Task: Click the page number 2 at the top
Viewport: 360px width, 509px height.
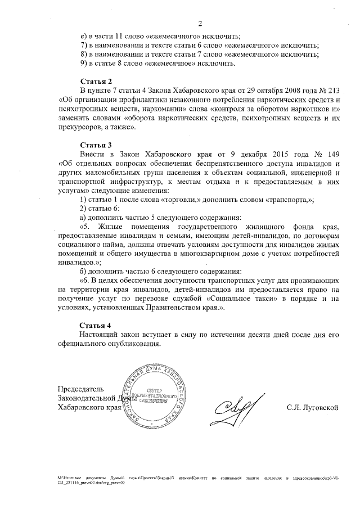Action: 199,23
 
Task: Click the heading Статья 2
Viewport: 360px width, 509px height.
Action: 96,81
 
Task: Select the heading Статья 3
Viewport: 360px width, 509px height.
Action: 96,145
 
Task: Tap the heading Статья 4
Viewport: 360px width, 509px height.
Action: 96,326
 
